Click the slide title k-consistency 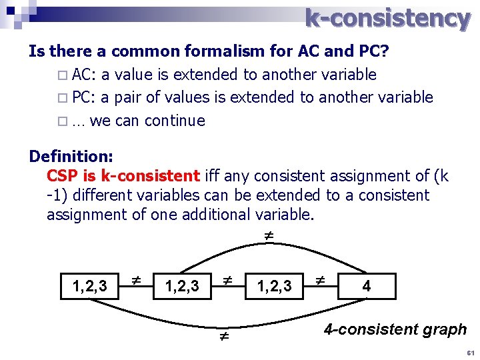point(387,18)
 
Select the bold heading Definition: point(71,157)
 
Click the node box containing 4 point(367,287)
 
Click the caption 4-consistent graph point(395,329)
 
